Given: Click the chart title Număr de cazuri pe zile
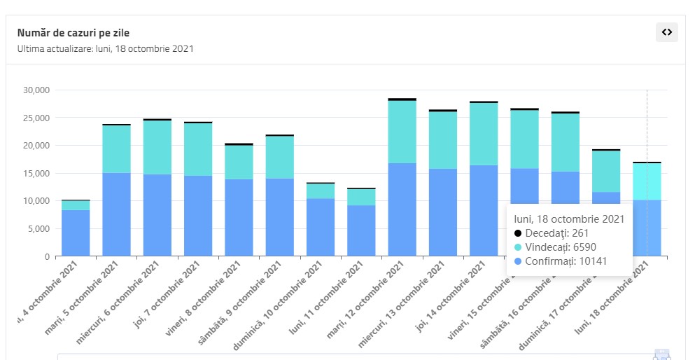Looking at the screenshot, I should point(73,33).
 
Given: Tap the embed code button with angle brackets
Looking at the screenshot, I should point(666,32).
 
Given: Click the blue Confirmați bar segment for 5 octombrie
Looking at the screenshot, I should point(116,214).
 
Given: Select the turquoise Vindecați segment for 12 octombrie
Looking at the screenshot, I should point(402,132).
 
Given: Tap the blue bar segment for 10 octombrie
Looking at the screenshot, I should point(320,228).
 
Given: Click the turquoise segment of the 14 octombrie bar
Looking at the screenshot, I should point(483,134).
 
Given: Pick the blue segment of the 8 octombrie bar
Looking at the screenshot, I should point(239,217).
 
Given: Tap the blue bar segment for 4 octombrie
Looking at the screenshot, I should point(76,233).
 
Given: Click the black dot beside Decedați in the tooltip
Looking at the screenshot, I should point(518,233).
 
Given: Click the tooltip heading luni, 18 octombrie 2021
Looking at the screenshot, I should point(568,219).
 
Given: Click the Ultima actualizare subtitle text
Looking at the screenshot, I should point(106,49).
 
